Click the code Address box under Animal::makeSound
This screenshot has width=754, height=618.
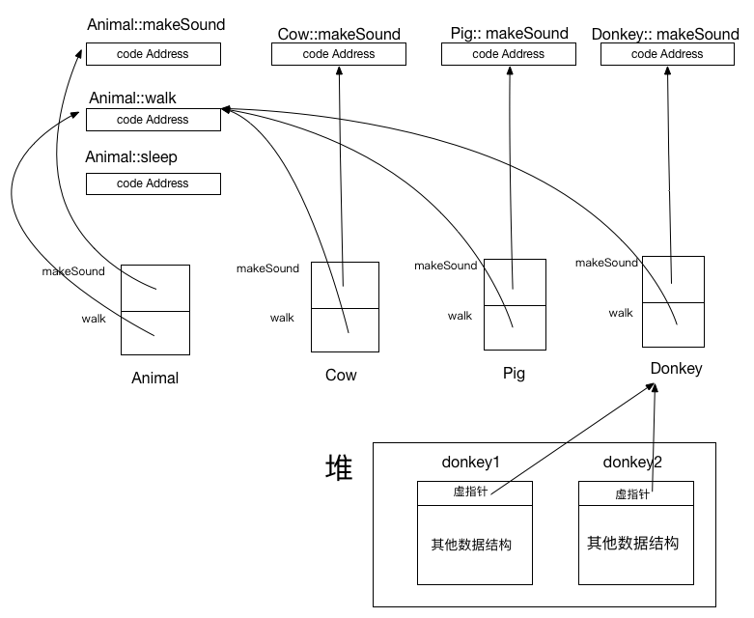[153, 54]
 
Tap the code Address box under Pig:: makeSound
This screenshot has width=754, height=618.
[508, 54]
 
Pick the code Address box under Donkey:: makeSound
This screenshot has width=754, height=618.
[667, 54]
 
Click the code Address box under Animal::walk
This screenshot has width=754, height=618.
[153, 120]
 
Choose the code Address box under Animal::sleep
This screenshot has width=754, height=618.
[153, 183]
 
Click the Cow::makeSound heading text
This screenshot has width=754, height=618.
[339, 34]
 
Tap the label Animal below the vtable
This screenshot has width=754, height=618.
[154, 379]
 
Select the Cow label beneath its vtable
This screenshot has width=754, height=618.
[341, 375]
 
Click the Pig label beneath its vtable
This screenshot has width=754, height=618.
[514, 374]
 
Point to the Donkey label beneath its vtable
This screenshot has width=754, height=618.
[676, 369]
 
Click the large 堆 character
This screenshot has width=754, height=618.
[339, 469]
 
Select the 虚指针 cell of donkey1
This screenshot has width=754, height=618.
[474, 492]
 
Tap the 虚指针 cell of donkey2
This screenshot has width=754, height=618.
[636, 493]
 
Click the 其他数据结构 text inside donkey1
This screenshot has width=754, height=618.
[470, 545]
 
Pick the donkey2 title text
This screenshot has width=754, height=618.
[632, 463]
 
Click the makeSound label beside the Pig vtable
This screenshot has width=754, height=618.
[446, 266]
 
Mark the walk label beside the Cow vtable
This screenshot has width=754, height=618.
[282, 318]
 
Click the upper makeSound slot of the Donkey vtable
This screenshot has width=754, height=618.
[671, 279]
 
